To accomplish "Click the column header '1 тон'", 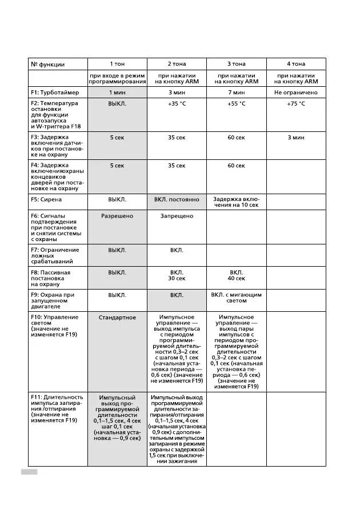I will click(117, 64).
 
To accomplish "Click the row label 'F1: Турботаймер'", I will click(55, 93).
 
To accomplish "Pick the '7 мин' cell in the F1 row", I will click(236, 93).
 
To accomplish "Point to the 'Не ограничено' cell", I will click(295, 93).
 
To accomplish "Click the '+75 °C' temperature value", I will click(295, 104).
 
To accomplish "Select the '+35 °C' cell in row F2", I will click(177, 104).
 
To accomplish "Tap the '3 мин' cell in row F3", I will click(295, 138).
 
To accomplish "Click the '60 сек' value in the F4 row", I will click(236, 166).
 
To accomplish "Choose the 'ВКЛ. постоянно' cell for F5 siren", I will click(177, 200).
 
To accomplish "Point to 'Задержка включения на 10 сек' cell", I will click(236, 202).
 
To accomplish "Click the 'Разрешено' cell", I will click(117, 216).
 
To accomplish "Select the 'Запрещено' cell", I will click(177, 216).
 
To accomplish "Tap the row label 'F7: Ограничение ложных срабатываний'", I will click(55, 255).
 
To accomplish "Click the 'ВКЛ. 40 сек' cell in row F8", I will click(236, 276).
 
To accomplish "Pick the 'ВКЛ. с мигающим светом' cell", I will click(236, 298).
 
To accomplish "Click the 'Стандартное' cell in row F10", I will click(117, 318).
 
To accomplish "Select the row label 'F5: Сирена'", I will click(46, 200).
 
